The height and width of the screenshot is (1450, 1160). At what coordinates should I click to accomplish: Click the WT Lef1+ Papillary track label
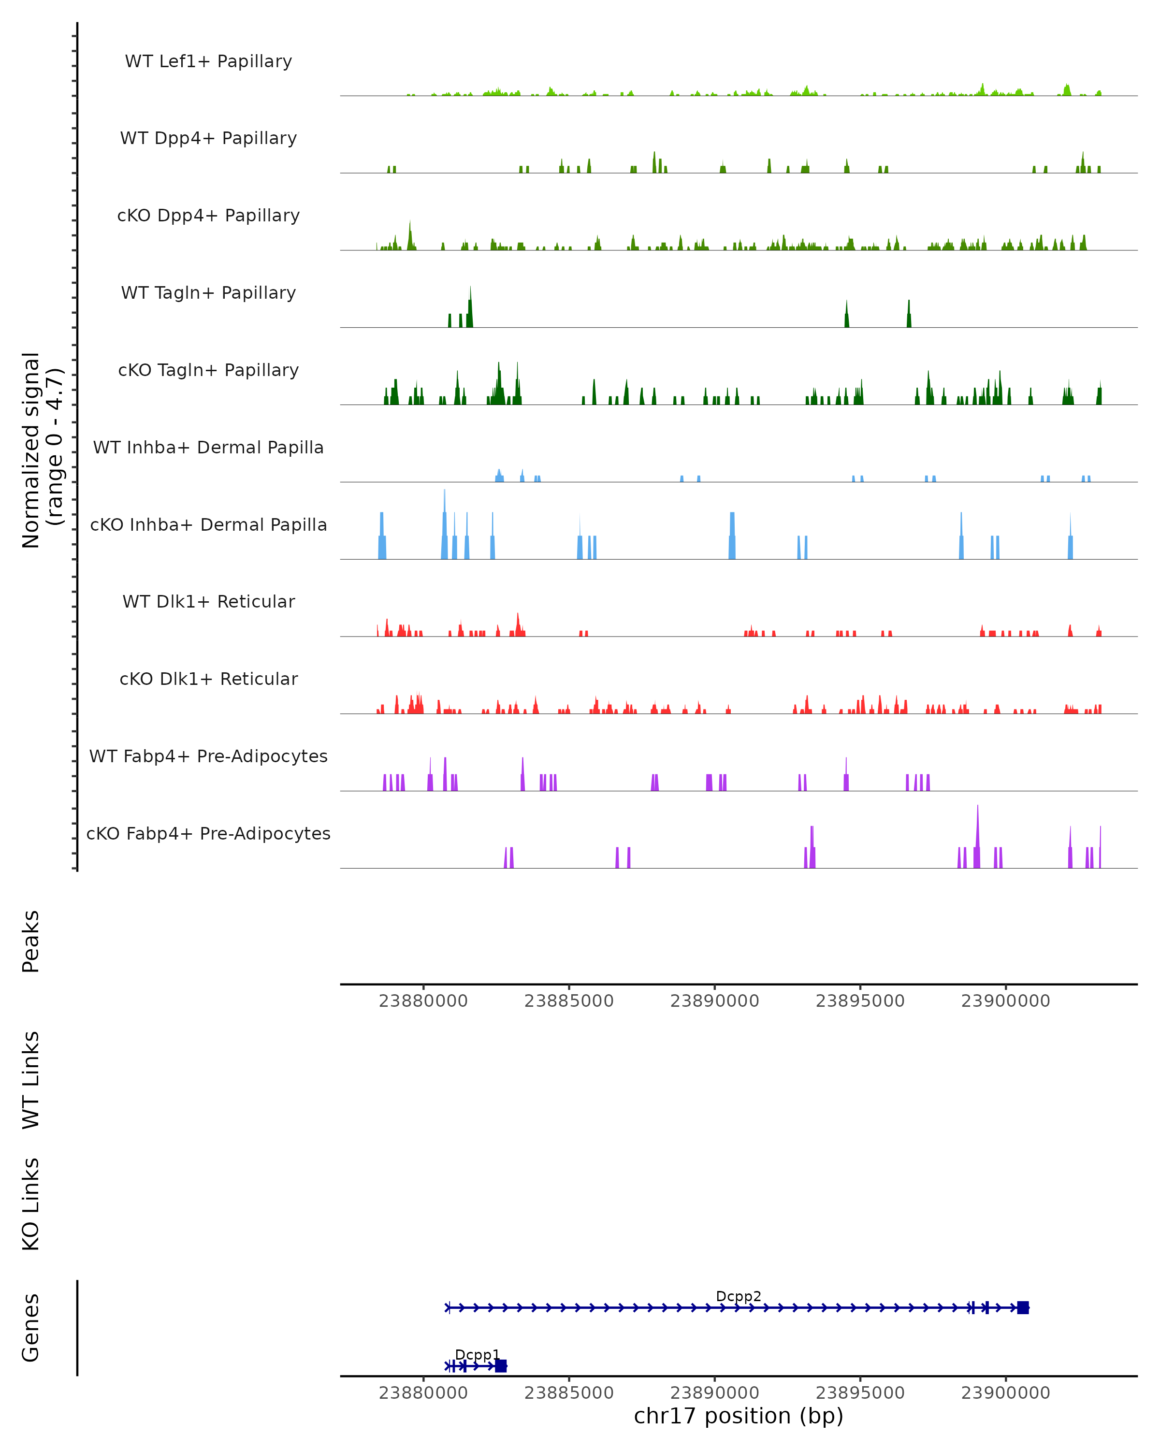(208, 61)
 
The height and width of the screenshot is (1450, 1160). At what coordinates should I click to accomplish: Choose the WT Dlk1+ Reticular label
(208, 601)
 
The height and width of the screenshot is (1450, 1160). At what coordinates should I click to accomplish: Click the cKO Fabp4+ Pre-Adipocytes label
(208, 833)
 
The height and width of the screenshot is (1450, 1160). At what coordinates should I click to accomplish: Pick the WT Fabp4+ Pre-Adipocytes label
(208, 756)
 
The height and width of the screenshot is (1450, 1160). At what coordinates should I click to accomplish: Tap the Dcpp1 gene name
(478, 1354)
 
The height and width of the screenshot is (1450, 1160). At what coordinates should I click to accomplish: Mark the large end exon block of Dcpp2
(1023, 1307)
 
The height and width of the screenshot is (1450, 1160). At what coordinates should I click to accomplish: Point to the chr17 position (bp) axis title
(739, 1416)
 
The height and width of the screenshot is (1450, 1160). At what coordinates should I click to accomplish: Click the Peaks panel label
(31, 941)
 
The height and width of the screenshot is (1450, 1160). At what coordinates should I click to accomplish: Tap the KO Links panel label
(31, 1204)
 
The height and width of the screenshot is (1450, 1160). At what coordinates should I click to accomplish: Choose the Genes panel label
(31, 1328)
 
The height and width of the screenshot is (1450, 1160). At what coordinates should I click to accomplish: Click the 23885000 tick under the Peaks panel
(569, 1001)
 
